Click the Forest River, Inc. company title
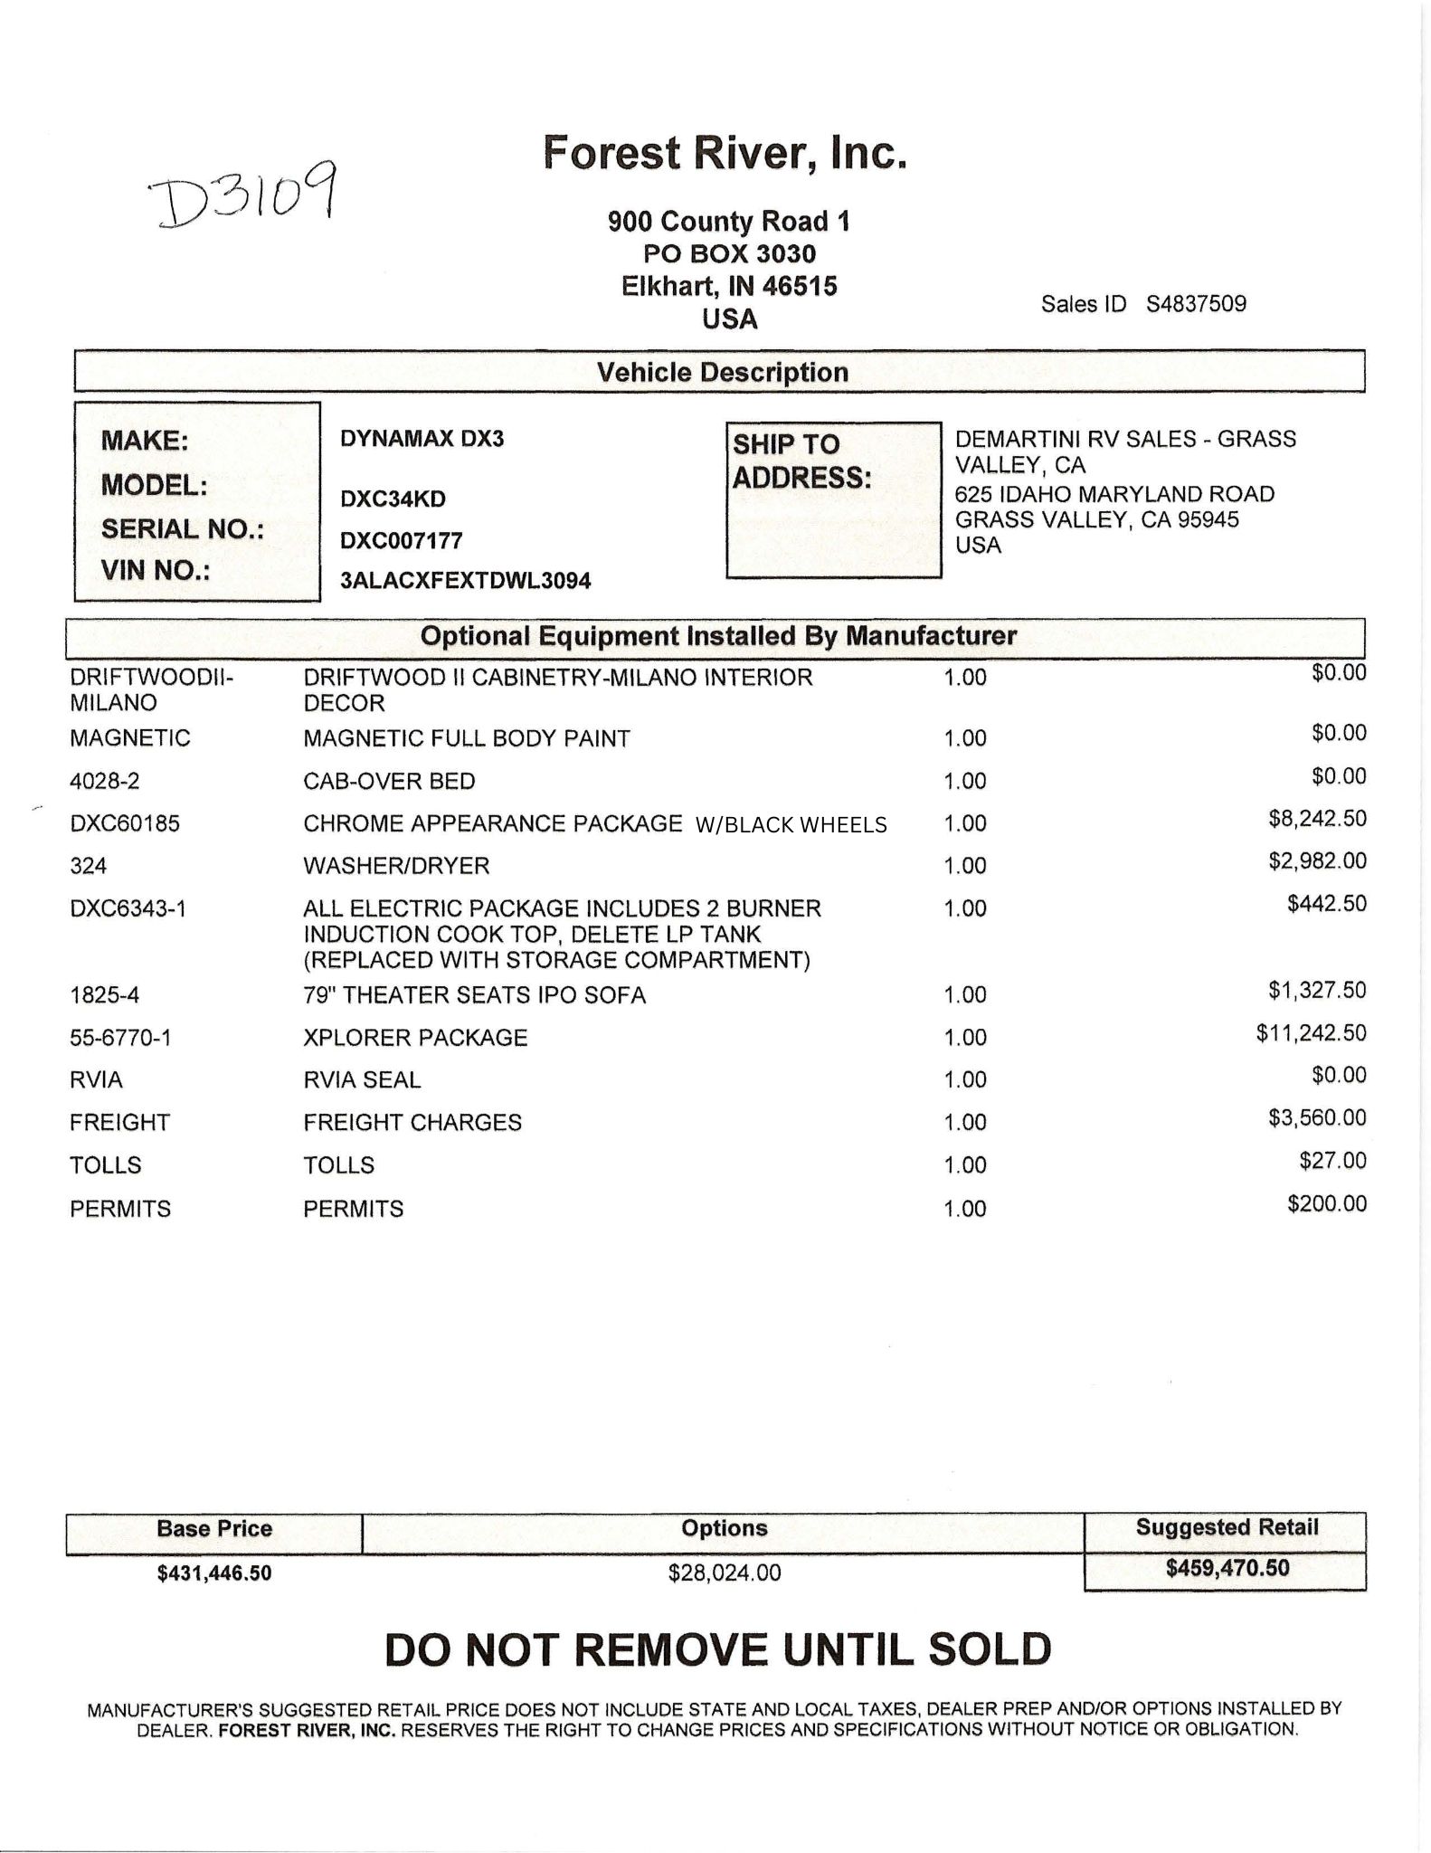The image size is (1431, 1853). [x=724, y=152]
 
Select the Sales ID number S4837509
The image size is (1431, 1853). [x=1196, y=304]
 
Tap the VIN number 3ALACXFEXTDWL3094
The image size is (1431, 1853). [x=465, y=581]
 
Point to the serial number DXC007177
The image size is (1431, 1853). [x=401, y=541]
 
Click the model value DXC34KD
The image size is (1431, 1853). [x=393, y=499]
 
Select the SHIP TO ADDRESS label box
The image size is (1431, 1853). [x=832, y=499]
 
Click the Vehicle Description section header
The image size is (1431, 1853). [x=721, y=373]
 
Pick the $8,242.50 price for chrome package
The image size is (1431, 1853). [x=1316, y=819]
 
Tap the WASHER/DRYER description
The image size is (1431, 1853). [x=396, y=866]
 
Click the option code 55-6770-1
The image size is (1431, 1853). [x=120, y=1038]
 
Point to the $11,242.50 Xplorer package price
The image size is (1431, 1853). [x=1310, y=1033]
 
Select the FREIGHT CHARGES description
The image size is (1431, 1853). [x=412, y=1123]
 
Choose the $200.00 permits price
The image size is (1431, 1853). [x=1326, y=1204]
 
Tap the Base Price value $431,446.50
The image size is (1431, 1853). [x=214, y=1573]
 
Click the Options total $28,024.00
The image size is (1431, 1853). [x=724, y=1573]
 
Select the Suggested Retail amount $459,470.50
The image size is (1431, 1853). [x=1227, y=1568]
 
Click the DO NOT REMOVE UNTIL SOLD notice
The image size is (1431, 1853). [x=717, y=1650]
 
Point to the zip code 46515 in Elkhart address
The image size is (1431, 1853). [x=799, y=287]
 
